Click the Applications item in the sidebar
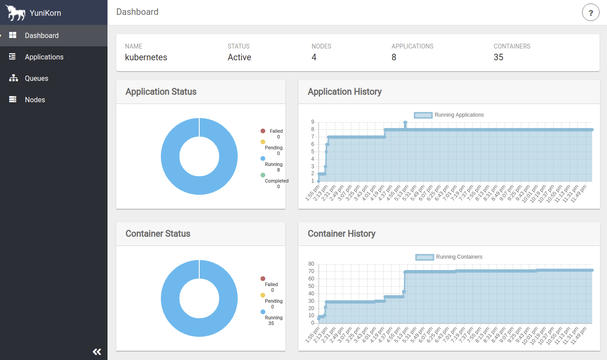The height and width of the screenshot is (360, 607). (44, 57)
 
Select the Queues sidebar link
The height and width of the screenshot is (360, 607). (36, 78)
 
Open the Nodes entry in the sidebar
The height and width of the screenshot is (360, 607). (35, 100)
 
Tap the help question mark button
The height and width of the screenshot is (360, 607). (590, 13)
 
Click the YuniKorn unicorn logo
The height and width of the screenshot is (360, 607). (15, 13)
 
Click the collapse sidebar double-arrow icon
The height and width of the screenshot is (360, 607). (97, 352)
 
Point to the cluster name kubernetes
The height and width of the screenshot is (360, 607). (146, 57)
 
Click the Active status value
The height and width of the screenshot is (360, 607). (239, 57)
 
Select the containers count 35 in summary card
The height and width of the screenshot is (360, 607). (498, 57)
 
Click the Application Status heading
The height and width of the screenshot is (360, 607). (161, 92)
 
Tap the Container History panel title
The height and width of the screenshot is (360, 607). (341, 234)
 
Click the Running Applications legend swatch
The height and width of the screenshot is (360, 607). (423, 115)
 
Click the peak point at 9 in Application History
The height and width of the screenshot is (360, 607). (405, 122)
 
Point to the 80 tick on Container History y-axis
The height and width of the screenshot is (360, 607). (311, 264)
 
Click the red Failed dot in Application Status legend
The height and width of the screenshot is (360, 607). (263, 131)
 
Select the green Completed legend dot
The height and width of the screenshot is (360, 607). (263, 175)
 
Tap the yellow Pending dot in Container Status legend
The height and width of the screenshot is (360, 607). (263, 295)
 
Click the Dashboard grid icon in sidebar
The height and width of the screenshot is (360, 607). (13, 35)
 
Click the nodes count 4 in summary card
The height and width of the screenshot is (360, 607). (314, 57)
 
